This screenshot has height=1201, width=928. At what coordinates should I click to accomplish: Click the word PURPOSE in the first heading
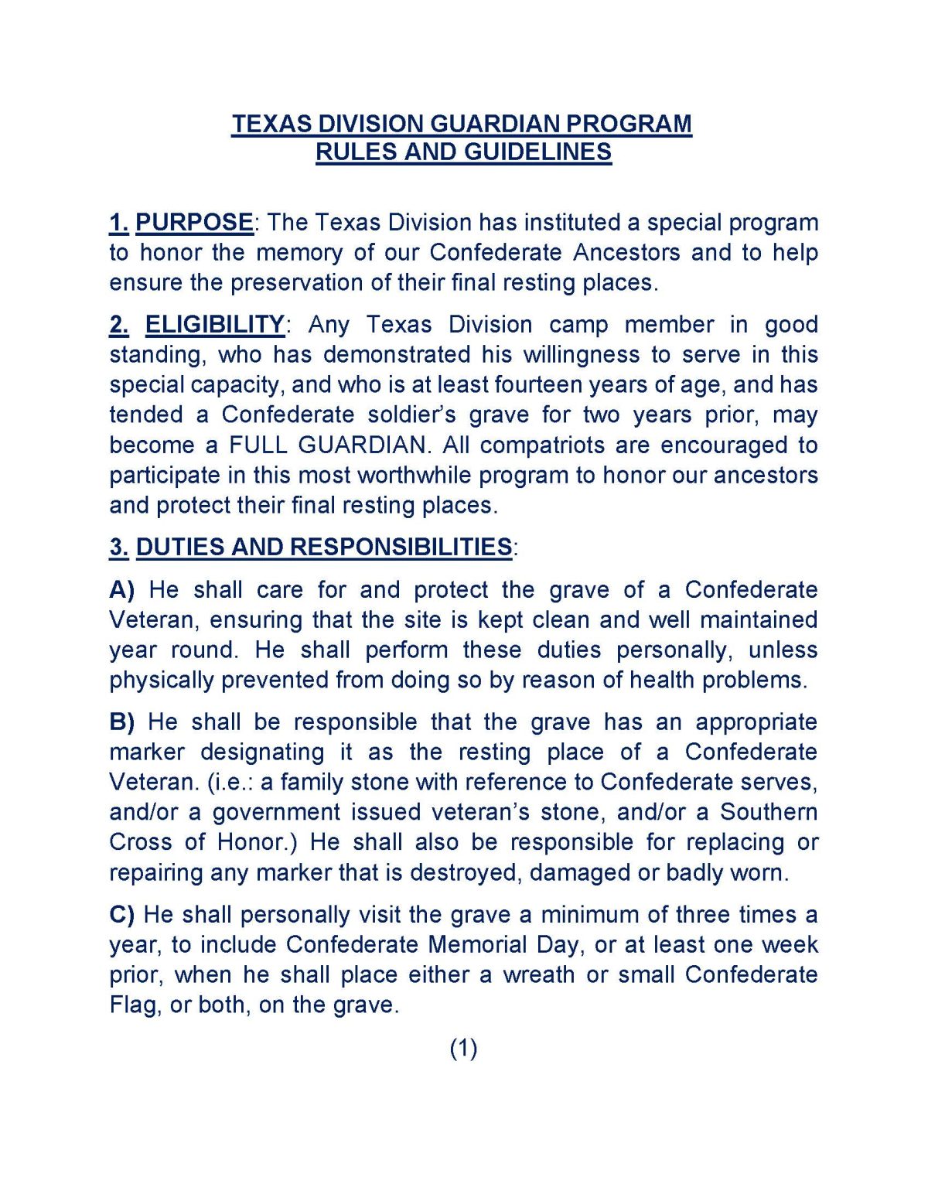click(194, 223)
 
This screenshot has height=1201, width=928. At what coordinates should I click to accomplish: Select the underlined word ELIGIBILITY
click(214, 324)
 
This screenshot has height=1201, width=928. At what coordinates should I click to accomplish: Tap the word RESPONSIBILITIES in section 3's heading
click(401, 547)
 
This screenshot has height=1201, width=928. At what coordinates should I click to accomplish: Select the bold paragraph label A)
click(121, 589)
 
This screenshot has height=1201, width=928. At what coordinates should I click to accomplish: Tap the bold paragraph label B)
click(121, 722)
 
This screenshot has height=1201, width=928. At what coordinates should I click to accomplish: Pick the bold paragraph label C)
click(121, 914)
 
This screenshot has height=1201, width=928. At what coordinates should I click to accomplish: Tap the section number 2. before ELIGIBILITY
click(119, 324)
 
